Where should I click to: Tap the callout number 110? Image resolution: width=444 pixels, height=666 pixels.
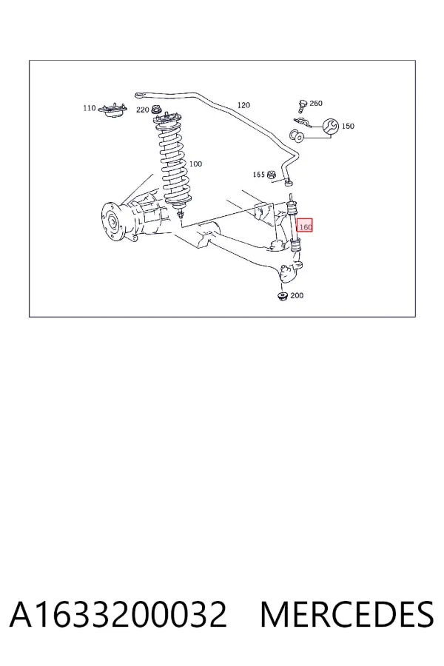pos(90,108)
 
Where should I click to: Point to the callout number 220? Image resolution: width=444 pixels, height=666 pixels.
pos(142,110)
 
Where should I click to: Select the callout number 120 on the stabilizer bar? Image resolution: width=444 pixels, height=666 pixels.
pos(243,105)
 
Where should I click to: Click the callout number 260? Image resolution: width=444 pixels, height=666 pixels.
pos(316,103)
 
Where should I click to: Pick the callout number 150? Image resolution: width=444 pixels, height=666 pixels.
pos(348,126)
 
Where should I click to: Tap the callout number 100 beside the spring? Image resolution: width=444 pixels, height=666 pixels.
pos(195,164)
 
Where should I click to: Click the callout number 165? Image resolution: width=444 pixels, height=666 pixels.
pos(259,175)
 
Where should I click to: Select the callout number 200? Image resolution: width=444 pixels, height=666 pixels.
pos(297,295)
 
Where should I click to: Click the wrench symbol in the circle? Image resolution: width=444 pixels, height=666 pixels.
pos(331,126)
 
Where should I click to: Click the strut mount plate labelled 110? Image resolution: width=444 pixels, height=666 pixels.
pos(112,111)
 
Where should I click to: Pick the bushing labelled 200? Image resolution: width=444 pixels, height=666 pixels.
pos(283,296)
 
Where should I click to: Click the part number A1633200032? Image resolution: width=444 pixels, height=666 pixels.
pos(118,614)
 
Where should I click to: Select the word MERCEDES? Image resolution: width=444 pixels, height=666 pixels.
pos(347,614)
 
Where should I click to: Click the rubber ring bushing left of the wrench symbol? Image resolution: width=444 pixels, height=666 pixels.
pos(297,136)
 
